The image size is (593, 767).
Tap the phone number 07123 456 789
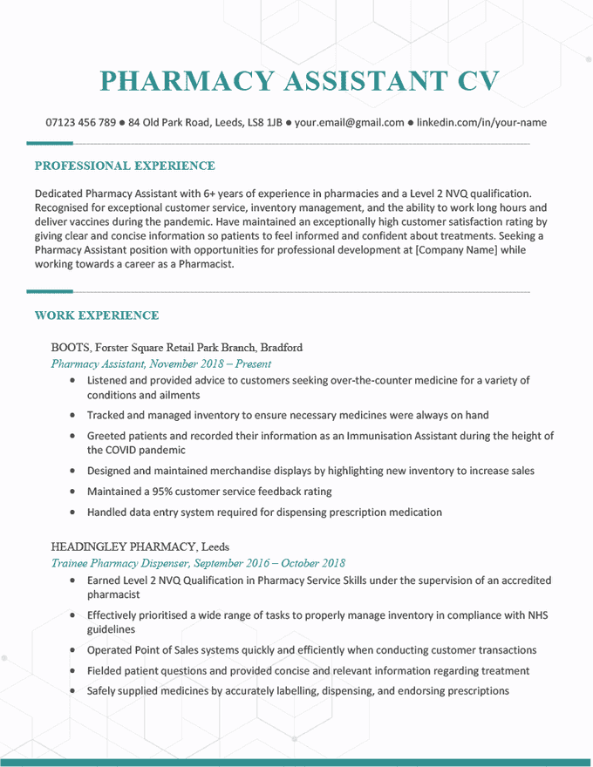[80, 123]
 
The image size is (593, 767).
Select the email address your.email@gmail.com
[349, 123]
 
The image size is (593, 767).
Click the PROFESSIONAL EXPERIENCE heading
[124, 166]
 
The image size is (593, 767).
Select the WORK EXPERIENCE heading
[96, 316]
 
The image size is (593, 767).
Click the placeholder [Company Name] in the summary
[457, 250]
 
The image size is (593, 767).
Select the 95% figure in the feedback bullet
[164, 492]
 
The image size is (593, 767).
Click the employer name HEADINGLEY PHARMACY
[124, 546]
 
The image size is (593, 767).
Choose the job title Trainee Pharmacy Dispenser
[119, 563]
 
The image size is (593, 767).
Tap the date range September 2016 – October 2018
[269, 563]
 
